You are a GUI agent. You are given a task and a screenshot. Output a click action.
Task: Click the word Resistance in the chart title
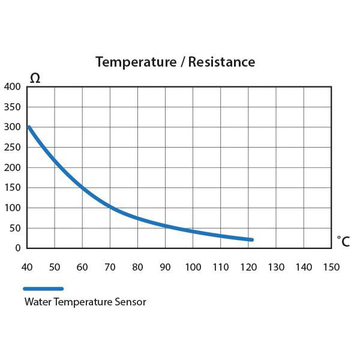point(221,62)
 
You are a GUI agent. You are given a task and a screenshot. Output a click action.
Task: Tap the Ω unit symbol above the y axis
point(35,78)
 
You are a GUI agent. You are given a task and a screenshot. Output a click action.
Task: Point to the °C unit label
point(343,242)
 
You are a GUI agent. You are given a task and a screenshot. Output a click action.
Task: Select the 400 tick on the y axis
point(13,86)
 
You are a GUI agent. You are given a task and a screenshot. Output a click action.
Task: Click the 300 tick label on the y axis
point(13,127)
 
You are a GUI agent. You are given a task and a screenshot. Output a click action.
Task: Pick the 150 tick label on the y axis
point(13,188)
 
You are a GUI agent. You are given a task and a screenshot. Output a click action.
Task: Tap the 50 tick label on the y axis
point(15,228)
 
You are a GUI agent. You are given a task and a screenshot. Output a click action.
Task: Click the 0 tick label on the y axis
point(18,248)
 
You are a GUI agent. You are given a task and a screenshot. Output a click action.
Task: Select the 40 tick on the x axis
point(27,266)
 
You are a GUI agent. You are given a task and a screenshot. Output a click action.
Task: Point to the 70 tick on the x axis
point(110,266)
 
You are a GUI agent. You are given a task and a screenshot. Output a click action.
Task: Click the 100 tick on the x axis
point(193,266)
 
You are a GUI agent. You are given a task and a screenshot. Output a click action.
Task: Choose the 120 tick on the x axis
point(248,266)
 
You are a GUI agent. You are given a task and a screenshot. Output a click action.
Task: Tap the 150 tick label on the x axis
point(331,266)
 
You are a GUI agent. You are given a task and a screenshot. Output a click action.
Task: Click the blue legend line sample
point(43,289)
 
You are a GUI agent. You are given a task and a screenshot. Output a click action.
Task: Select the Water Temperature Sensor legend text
point(85,302)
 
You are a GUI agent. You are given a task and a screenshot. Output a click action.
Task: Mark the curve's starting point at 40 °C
point(29,127)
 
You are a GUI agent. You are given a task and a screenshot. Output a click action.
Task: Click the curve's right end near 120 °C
point(251,239)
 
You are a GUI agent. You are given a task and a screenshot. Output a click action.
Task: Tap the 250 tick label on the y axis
point(13,147)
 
